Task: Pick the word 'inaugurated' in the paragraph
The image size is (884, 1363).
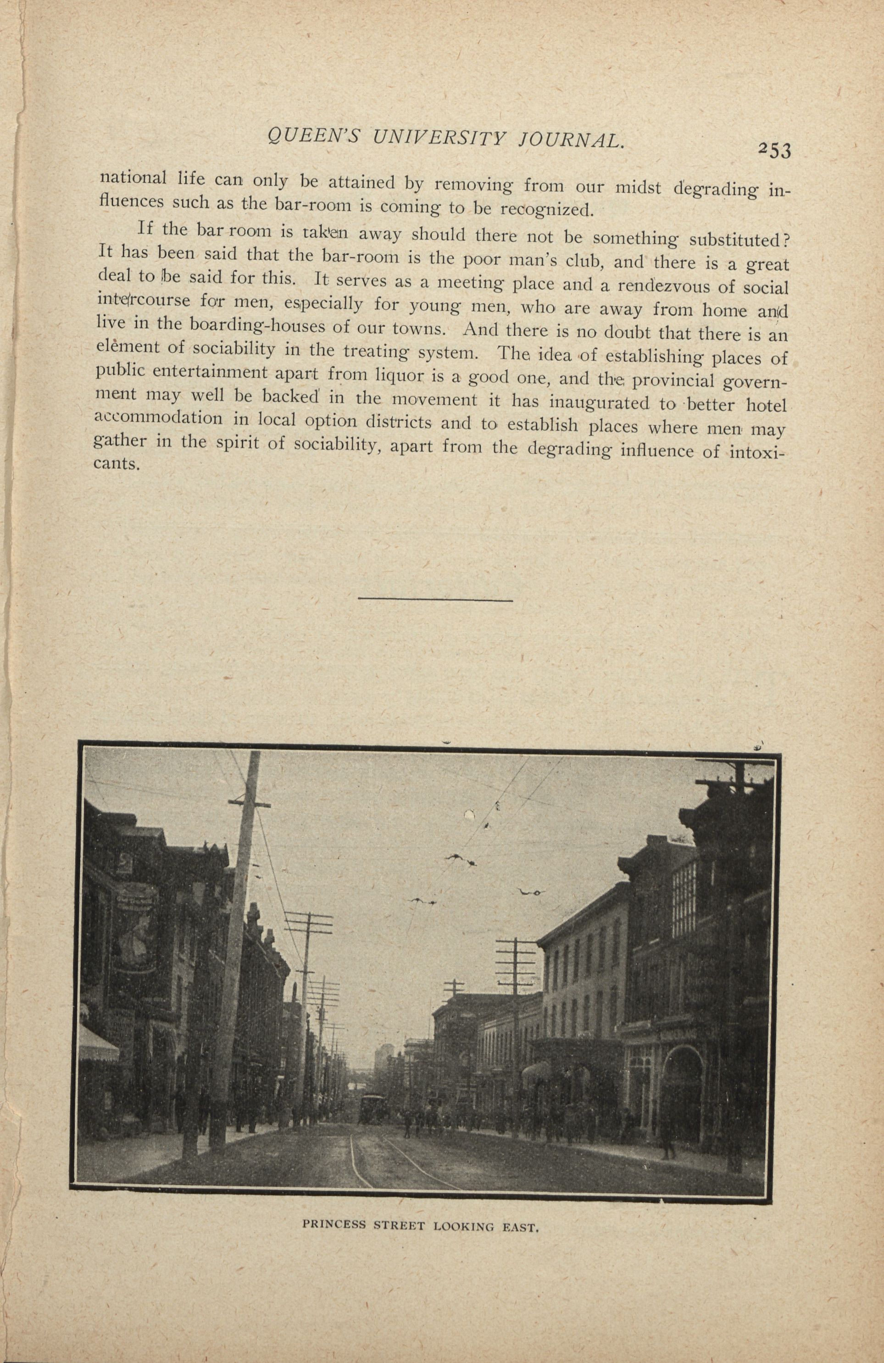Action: (594, 403)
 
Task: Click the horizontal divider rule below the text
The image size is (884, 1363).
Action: (435, 600)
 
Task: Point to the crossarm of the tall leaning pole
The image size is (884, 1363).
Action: (250, 805)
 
